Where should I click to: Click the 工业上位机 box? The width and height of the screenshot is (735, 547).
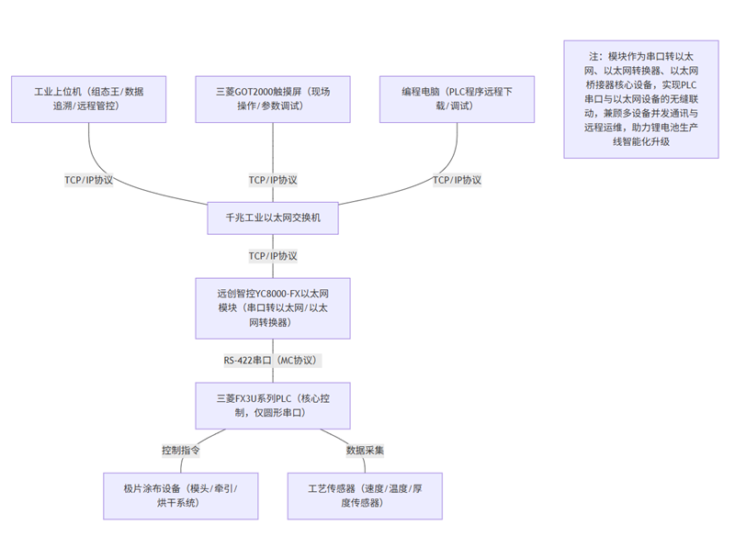(x=89, y=99)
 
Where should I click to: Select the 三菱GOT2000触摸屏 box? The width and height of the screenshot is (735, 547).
(x=273, y=99)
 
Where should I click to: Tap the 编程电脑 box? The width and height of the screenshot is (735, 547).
(x=457, y=99)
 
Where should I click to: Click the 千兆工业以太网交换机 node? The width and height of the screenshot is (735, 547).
(x=273, y=219)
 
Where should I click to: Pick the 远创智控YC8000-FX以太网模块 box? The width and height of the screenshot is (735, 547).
(x=273, y=308)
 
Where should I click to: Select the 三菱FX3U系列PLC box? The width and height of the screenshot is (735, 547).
(x=273, y=406)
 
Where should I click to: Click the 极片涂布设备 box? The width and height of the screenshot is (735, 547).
(x=180, y=496)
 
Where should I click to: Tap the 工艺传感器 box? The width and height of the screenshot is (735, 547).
(x=365, y=496)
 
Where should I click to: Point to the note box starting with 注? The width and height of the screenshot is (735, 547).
(x=640, y=99)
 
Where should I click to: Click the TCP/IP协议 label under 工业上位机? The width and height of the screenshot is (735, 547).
(x=89, y=180)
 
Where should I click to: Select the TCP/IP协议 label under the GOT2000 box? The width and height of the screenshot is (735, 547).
(x=273, y=180)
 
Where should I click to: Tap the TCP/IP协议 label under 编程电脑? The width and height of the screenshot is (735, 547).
(x=457, y=180)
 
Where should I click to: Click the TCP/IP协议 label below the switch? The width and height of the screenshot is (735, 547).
(x=273, y=256)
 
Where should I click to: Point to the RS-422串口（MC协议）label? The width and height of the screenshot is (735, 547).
(x=273, y=360)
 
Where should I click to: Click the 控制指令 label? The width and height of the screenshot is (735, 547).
(x=181, y=451)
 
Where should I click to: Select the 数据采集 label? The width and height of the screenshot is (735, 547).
(x=365, y=451)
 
